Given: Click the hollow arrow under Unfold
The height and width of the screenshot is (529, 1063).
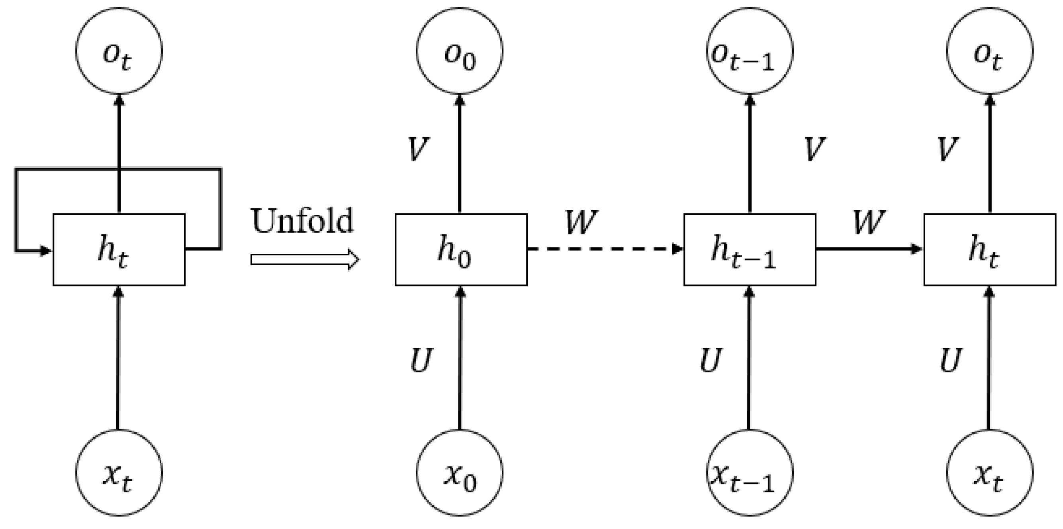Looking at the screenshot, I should (x=305, y=260).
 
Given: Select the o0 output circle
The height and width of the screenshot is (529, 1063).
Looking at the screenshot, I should (x=459, y=51).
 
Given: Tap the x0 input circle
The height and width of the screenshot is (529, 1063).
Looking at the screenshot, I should (x=459, y=472).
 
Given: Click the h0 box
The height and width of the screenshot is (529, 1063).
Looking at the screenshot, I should (x=461, y=249).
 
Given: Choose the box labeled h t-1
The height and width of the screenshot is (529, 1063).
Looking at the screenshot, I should (x=750, y=249).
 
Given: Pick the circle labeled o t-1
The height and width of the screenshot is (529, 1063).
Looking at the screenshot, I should (x=750, y=51).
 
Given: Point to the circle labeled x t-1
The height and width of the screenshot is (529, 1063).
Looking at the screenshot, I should (x=750, y=472).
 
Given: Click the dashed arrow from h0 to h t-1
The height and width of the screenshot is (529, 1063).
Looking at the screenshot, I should (x=605, y=249).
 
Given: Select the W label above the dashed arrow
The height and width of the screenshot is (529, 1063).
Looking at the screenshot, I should (x=581, y=222).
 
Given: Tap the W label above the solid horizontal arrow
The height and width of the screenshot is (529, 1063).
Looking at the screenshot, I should (x=869, y=222).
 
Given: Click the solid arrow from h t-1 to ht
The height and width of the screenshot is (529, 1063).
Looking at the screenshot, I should (x=869, y=249).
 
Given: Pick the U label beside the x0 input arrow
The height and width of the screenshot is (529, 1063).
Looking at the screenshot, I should (x=421, y=360).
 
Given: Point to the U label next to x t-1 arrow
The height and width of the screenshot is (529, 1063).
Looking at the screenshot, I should (x=711, y=360).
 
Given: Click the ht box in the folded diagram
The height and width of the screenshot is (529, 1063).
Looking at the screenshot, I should (x=119, y=249).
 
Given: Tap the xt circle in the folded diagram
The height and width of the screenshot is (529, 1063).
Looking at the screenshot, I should (x=119, y=472).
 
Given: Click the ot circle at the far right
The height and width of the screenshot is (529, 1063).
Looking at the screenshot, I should (x=990, y=51).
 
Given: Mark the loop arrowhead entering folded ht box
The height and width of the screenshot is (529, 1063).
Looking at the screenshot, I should (x=45, y=250).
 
